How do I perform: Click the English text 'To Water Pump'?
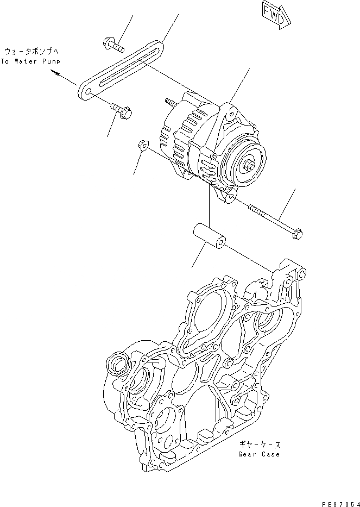[x=31, y=61]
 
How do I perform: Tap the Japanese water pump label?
[x=31, y=51]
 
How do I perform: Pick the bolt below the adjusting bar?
[x=122, y=111]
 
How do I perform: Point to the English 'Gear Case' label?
[x=259, y=454]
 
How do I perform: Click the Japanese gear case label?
[x=259, y=443]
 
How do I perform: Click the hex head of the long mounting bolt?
[x=298, y=234]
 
